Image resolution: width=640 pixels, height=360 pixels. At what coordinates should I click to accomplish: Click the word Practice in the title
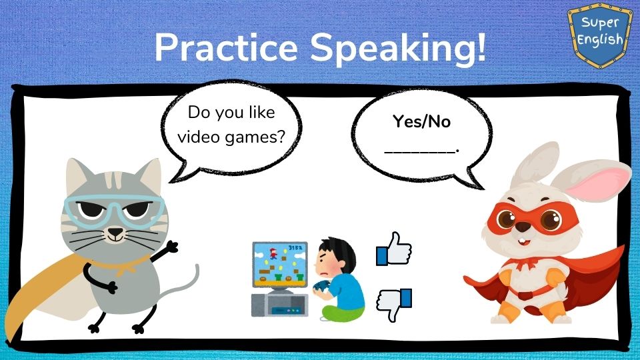226,48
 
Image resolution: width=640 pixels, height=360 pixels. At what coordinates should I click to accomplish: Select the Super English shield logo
599,35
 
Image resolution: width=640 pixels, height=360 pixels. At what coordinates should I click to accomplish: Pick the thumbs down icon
393,305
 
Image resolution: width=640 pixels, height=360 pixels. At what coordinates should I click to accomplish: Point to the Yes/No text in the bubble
421,121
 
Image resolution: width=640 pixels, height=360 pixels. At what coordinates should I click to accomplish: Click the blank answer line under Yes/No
421,151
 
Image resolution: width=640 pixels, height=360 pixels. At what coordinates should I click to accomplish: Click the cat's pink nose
115,232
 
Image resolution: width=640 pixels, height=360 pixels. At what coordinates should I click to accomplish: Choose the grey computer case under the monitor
279,305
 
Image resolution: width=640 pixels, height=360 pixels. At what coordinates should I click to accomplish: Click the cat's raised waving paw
171,247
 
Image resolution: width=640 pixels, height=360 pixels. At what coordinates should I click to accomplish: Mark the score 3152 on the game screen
295,248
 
